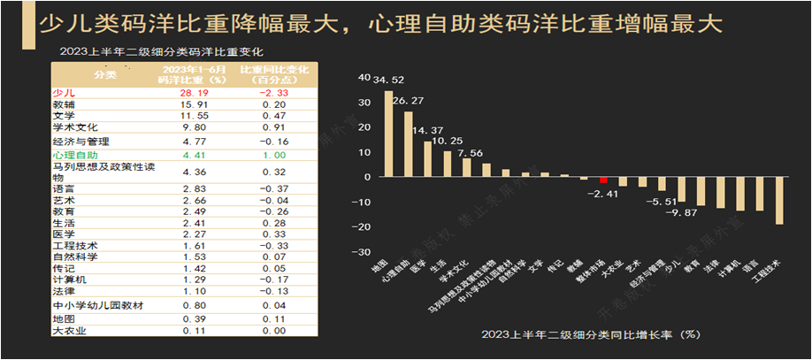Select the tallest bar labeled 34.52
click(x=388, y=134)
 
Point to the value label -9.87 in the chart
click(x=681, y=212)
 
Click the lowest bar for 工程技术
click(x=779, y=201)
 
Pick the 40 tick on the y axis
click(x=364, y=77)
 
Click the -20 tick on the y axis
click(x=361, y=226)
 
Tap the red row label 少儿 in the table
click(x=64, y=91)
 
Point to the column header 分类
click(x=105, y=74)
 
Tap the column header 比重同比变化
click(x=266, y=69)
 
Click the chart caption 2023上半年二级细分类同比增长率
click(x=591, y=334)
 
